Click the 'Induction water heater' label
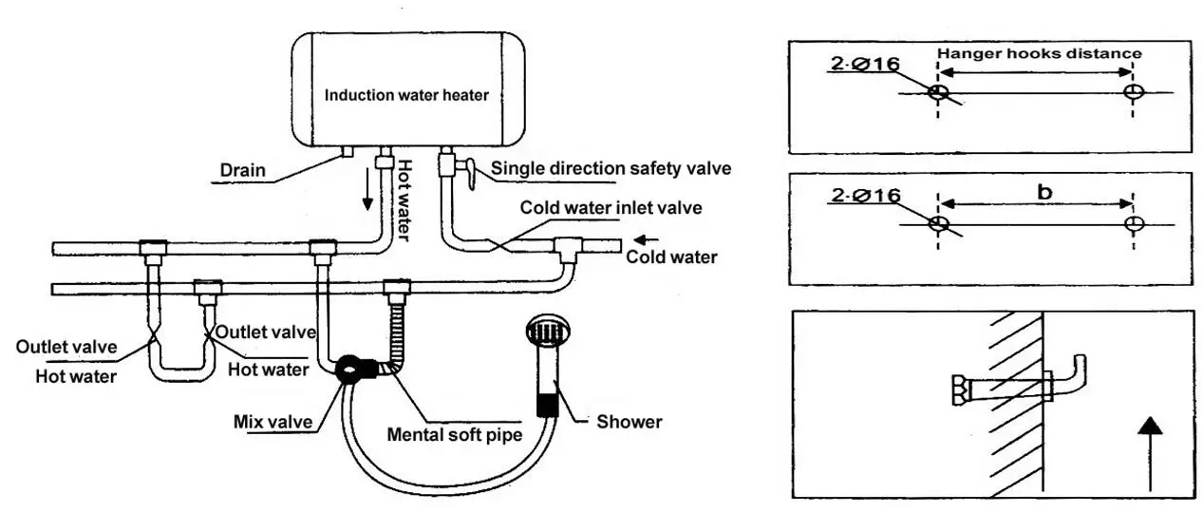tap(406, 95)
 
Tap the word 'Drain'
tap(243, 170)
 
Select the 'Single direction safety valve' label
tap(611, 169)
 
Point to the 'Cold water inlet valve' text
tap(611, 208)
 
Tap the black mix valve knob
tap(348, 369)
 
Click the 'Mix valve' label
tap(273, 422)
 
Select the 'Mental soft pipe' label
tap(455, 434)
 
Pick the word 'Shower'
tap(629, 422)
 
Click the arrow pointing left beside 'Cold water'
tap(647, 239)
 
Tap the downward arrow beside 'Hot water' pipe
tap(367, 189)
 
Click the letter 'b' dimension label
tap(1044, 191)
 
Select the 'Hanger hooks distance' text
tap(1039, 53)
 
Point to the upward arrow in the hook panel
tap(1150, 454)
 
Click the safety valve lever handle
tap(470, 173)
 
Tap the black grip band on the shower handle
tap(547, 405)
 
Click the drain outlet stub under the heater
tap(347, 152)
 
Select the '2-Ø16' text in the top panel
tap(865, 64)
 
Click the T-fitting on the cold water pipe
tap(568, 249)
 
